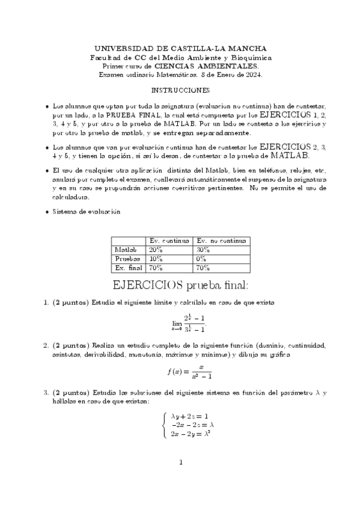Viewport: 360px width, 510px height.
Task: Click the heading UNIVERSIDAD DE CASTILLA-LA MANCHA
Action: [x=180, y=48]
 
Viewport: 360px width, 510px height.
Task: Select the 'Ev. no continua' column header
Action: [x=221, y=241]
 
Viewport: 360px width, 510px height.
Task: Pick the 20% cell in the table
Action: [x=156, y=250]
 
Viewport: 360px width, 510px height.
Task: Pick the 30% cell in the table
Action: [x=203, y=250]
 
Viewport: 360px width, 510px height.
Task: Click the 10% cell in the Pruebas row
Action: [x=156, y=259]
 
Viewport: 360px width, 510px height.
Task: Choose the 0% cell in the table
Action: [x=201, y=259]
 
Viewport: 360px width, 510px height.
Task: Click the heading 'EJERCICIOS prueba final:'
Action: [x=180, y=283]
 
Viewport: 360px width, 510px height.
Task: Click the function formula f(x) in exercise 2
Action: [x=188, y=371]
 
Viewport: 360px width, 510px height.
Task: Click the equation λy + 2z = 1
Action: [x=190, y=415]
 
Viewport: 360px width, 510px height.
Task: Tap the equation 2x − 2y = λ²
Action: [x=191, y=433]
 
